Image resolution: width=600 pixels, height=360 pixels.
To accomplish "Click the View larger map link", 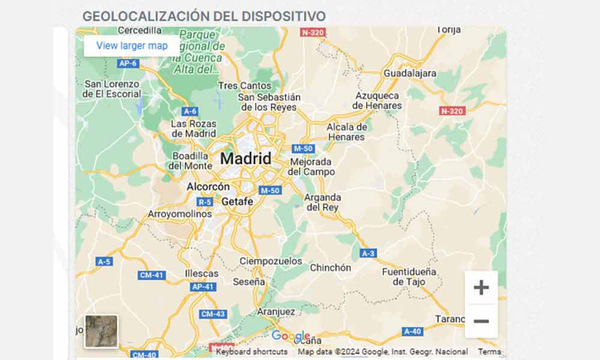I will [132, 46].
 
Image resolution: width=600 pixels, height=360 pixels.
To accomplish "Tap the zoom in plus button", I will [481, 288].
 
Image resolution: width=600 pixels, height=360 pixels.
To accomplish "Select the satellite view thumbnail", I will [101, 331].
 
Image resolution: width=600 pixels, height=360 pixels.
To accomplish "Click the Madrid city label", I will [246, 159].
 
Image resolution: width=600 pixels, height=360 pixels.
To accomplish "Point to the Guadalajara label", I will [410, 73].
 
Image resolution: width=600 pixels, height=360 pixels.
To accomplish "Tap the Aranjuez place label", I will [275, 312].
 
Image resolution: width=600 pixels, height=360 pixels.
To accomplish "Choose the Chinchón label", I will [330, 268].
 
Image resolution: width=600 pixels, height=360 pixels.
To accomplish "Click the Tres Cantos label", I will [245, 86].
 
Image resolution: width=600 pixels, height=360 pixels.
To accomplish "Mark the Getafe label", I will [237, 202].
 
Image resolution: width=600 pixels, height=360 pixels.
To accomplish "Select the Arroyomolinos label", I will [180, 214].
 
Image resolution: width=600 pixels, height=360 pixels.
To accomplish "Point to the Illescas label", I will [202, 274].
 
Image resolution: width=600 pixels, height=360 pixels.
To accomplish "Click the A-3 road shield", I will [368, 254].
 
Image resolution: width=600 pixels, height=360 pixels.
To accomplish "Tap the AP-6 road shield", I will [128, 63].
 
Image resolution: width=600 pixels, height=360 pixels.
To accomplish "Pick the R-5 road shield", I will [205, 202].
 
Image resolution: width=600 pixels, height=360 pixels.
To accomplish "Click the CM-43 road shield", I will [213, 314].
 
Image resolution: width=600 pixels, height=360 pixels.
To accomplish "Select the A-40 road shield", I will [412, 331].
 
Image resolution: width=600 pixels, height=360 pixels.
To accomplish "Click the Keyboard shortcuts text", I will [251, 352].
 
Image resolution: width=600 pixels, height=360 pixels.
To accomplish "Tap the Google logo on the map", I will [290, 337].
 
